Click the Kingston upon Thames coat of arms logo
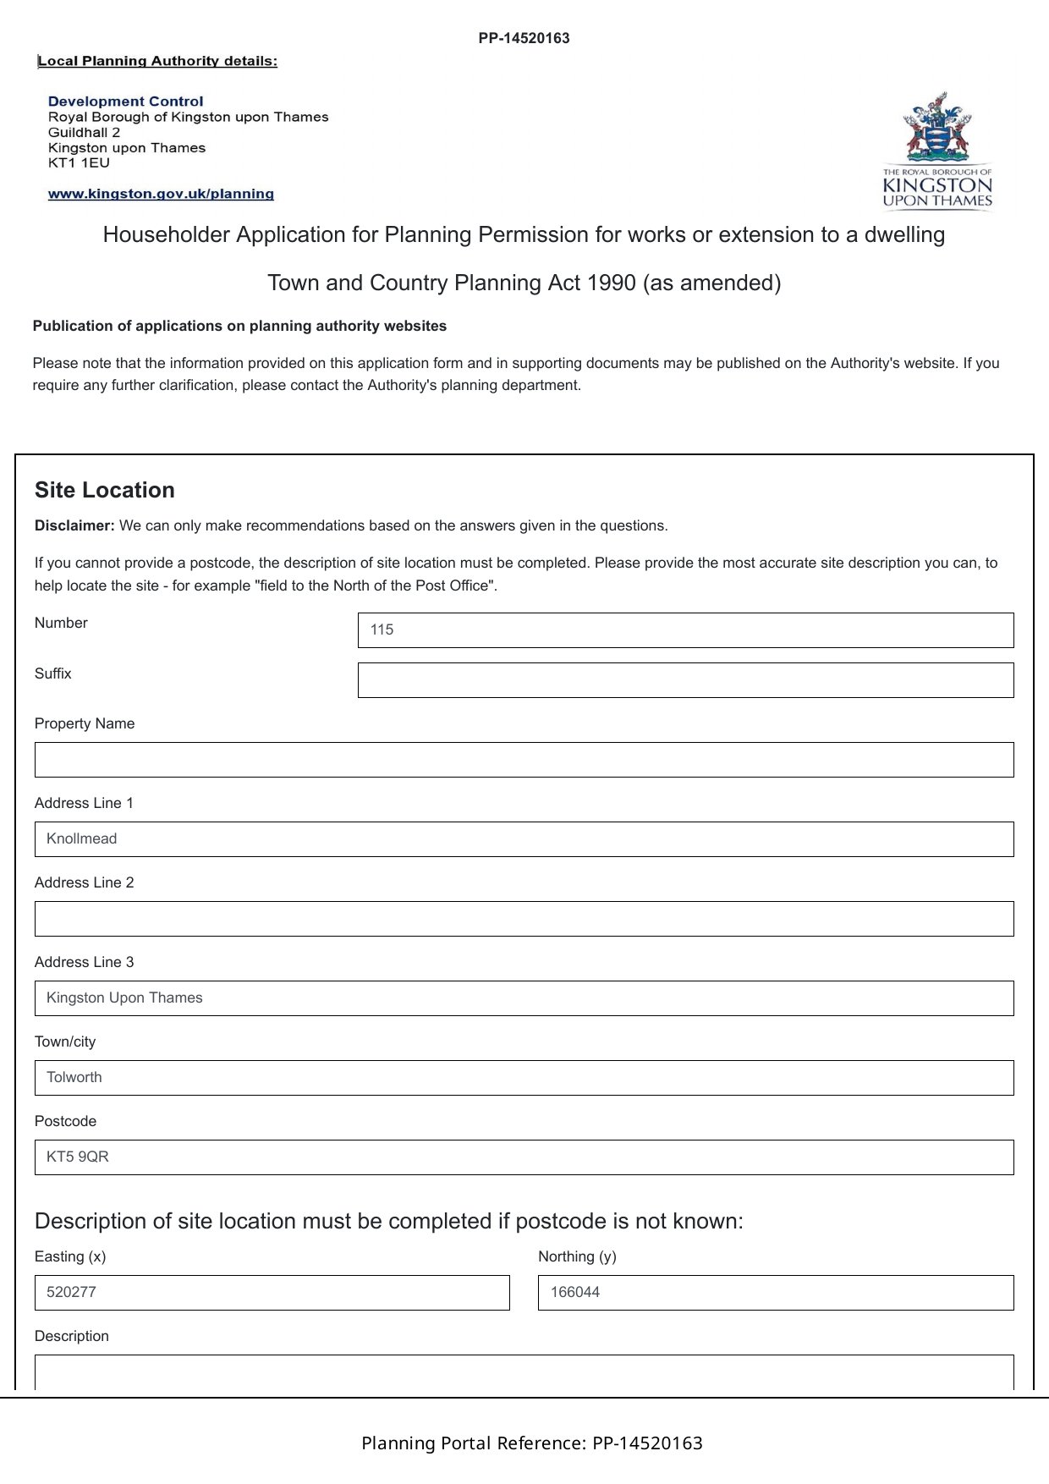(x=936, y=151)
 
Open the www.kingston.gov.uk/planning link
(x=161, y=194)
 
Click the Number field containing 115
(x=685, y=630)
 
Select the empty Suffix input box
(x=685, y=680)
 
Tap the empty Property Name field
(x=524, y=760)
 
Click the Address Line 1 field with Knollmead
(x=524, y=839)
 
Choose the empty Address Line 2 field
(x=524, y=919)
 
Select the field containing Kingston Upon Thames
(x=524, y=998)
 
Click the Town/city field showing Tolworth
(x=524, y=1078)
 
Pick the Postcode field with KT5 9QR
(x=524, y=1157)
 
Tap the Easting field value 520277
(x=272, y=1293)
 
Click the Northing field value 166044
(x=775, y=1293)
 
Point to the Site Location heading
(x=105, y=491)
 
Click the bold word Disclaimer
(x=74, y=525)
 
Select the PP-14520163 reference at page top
(x=524, y=38)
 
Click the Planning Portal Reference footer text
(x=531, y=1443)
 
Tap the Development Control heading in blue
(x=126, y=102)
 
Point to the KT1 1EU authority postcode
(x=79, y=162)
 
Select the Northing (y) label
(x=577, y=1256)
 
